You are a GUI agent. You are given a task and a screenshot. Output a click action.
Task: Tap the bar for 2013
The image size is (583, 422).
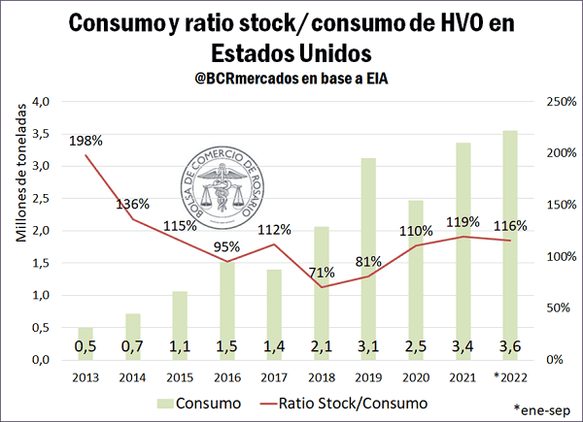(86, 342)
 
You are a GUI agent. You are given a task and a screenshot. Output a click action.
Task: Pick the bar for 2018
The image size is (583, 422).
(321, 292)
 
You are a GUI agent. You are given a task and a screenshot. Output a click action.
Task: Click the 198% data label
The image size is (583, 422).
(86, 142)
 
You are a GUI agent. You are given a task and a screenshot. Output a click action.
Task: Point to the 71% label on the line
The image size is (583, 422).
(321, 272)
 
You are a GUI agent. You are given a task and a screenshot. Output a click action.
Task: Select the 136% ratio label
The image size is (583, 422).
(132, 204)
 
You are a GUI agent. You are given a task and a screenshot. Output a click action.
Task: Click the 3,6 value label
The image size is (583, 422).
(509, 344)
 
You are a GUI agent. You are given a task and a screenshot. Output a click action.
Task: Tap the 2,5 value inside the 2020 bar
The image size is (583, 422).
(415, 344)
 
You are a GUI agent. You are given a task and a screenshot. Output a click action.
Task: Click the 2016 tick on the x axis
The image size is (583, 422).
(226, 376)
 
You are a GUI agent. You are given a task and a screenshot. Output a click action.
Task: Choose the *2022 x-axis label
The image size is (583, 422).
(509, 376)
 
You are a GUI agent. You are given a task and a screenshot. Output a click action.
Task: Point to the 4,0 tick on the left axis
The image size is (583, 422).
(40, 101)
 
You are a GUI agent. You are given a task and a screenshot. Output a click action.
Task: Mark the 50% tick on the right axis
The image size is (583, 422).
(551, 308)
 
